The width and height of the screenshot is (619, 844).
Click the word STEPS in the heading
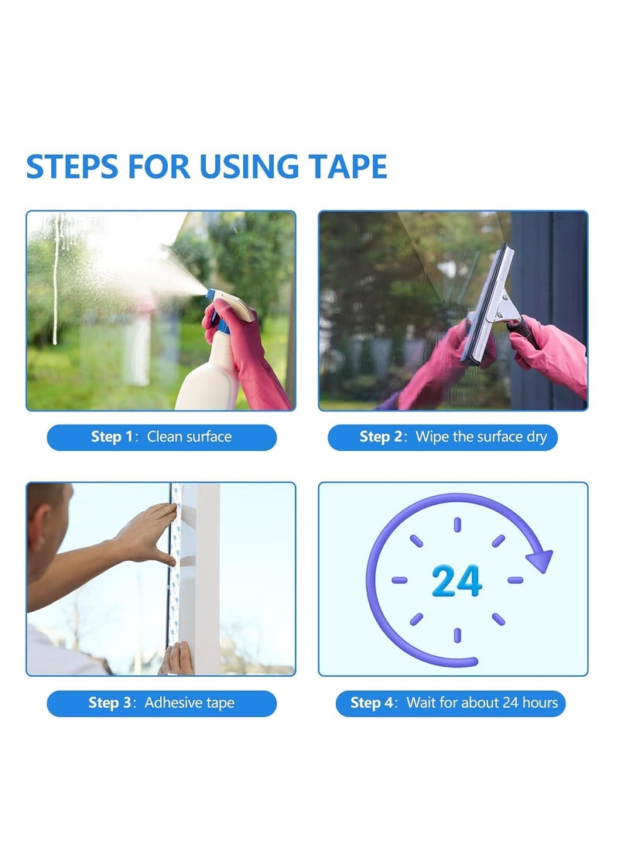tap(74, 167)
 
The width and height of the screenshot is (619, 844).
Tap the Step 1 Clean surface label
tap(162, 437)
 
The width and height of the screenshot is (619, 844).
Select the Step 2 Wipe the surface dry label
tap(443, 437)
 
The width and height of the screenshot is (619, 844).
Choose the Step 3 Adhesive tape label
tap(162, 703)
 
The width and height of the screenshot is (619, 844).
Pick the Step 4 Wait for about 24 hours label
tap(450, 703)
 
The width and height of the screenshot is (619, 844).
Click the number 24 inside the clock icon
tap(457, 581)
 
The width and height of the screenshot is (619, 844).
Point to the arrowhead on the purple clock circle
tap(539, 559)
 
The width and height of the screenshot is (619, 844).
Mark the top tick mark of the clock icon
tap(457, 525)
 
